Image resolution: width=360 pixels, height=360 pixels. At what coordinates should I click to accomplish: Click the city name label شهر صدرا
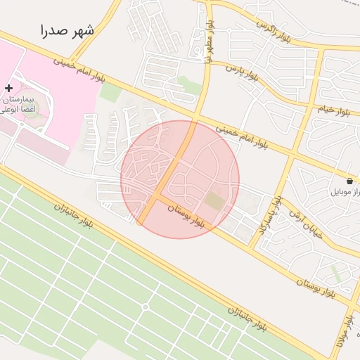tap(67, 31)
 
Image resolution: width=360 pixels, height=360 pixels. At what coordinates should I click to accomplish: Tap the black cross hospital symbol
tap(8, 88)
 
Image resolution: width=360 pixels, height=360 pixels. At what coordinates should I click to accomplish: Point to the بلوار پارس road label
tap(242, 72)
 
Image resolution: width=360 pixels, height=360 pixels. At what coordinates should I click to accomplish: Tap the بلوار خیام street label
tap(333, 110)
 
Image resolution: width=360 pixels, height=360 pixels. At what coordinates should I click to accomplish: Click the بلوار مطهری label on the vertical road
tap(208, 46)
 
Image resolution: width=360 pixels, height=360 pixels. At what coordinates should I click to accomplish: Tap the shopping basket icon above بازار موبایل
tap(350, 181)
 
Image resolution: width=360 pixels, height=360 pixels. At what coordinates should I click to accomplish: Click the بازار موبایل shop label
tap(345, 191)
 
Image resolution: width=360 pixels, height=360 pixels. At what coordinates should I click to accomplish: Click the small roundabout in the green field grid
tap(146, 307)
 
